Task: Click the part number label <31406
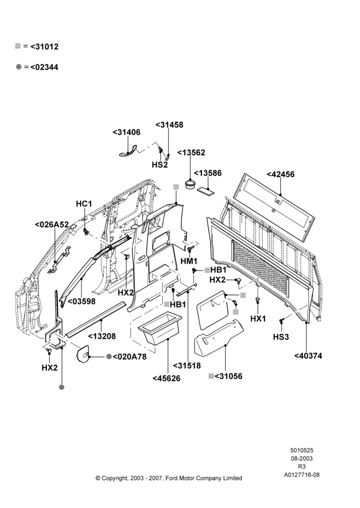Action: click(x=127, y=132)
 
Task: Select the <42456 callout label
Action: click(x=281, y=174)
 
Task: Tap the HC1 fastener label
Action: click(x=84, y=204)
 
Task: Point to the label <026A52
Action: click(x=52, y=225)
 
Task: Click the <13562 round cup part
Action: click(x=190, y=185)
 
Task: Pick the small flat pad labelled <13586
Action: click(x=205, y=191)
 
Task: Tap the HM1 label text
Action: click(x=189, y=261)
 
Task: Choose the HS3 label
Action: click(x=281, y=337)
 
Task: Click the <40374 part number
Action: click(x=309, y=356)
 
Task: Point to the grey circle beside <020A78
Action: click(x=109, y=357)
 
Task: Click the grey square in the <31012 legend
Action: click(x=18, y=46)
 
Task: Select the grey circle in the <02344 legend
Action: click(x=19, y=67)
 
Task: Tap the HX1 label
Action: click(x=258, y=319)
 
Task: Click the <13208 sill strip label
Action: click(x=102, y=336)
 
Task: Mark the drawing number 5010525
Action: click(x=302, y=450)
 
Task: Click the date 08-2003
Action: click(x=302, y=458)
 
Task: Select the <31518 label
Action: click(x=187, y=365)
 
